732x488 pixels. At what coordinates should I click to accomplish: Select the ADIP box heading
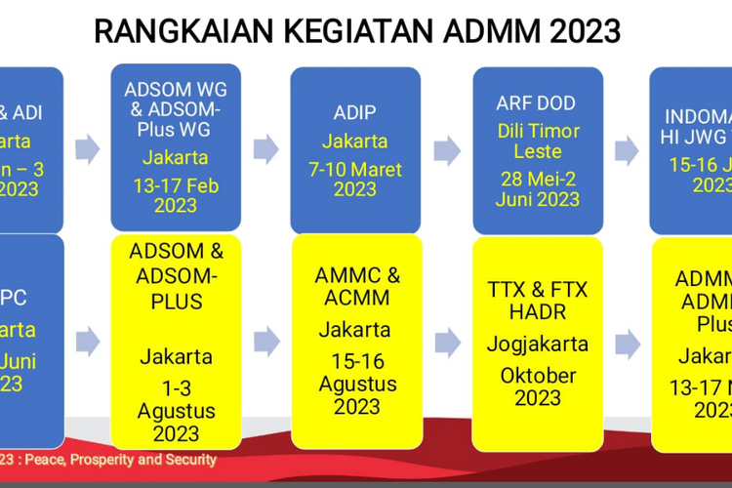pyautogui.click(x=355, y=111)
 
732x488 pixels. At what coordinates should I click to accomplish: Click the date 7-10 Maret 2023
pyautogui.click(x=355, y=179)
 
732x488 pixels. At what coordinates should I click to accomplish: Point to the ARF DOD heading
pyautogui.click(x=537, y=102)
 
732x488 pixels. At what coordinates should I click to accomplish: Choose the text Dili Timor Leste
pyautogui.click(x=538, y=141)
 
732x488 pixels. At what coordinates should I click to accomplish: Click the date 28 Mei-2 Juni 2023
pyautogui.click(x=537, y=188)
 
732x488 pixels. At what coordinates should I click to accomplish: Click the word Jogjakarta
pyautogui.click(x=538, y=344)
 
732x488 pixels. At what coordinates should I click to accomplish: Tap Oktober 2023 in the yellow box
pyautogui.click(x=538, y=386)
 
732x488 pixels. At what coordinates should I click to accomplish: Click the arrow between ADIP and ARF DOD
pyautogui.click(x=447, y=149)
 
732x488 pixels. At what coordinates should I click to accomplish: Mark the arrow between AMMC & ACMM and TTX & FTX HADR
pyautogui.click(x=447, y=342)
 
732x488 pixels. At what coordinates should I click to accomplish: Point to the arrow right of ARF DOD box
pyautogui.click(x=628, y=149)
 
